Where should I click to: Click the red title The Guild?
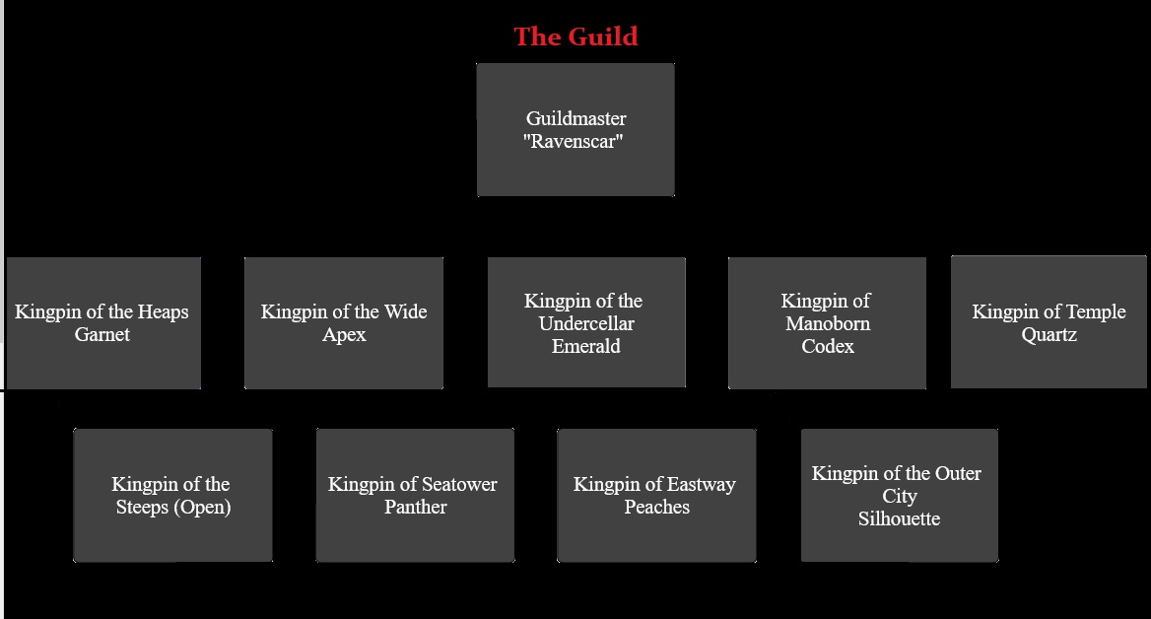pos(575,36)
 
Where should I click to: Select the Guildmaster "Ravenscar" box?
pos(575,129)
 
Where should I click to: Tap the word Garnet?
pos(102,334)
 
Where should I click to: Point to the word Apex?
pos(344,335)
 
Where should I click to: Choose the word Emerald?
pos(585,346)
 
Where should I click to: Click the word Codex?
pos(828,346)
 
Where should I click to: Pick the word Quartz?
pos(1049,334)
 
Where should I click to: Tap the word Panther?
pos(416,507)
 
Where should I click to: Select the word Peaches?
pos(657,507)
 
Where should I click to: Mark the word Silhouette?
pos(899,518)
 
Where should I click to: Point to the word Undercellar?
pos(585,323)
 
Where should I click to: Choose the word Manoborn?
pos(828,323)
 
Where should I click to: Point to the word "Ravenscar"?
pos(574,141)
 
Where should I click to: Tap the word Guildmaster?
pos(576,118)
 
